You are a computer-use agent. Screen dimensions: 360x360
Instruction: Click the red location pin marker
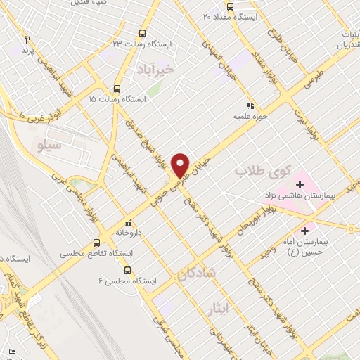pos(181,164)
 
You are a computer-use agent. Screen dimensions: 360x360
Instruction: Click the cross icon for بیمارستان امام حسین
pos(304,229)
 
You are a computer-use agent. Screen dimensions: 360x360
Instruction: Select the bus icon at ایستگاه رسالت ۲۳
pos(143,33)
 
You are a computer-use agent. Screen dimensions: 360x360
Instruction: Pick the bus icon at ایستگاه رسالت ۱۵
pos(117,89)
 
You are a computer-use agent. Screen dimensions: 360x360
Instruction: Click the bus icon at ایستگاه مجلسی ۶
pos(127,269)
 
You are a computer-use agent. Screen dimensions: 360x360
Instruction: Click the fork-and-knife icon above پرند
pos(28,39)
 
